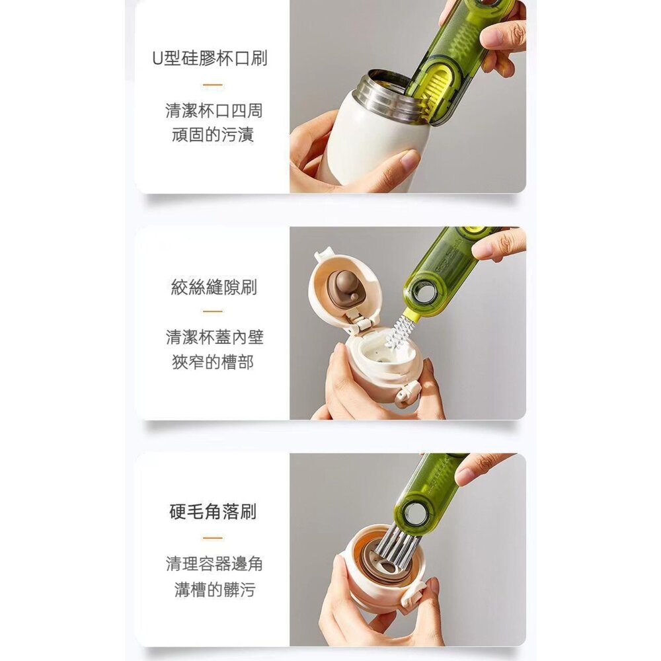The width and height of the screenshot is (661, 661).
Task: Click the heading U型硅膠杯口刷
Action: [x=210, y=58]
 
